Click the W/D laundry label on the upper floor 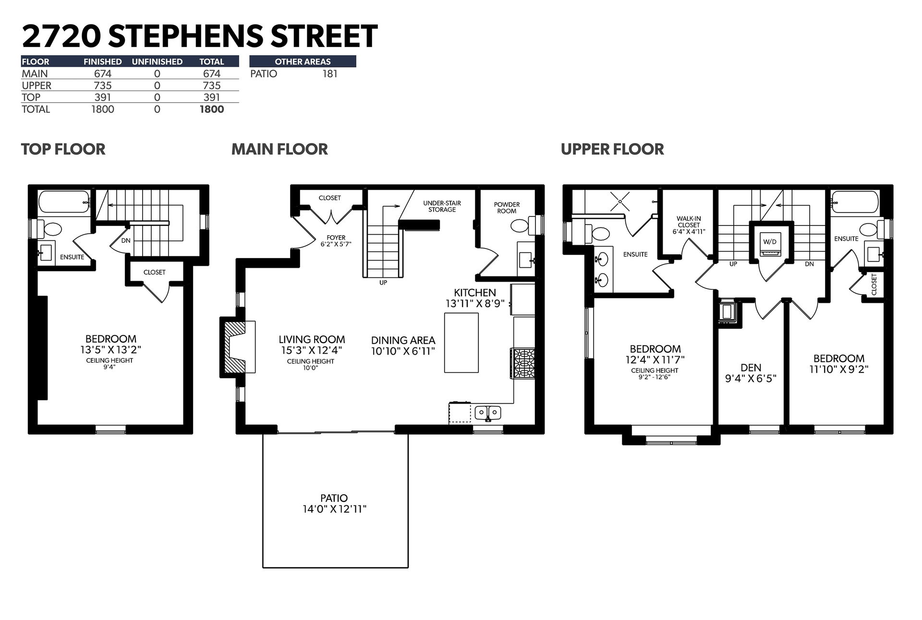(x=770, y=241)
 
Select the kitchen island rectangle (x=461, y=343)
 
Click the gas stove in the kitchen (x=524, y=363)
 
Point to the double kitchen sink (x=488, y=413)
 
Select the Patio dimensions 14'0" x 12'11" (x=334, y=509)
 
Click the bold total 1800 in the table (x=212, y=109)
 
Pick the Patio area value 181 (x=330, y=73)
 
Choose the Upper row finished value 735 (x=103, y=85)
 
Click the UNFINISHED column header (x=157, y=61)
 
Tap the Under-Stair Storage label (x=442, y=206)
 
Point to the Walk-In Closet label (x=689, y=225)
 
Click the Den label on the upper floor (x=751, y=368)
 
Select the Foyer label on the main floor (x=336, y=238)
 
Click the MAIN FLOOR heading (x=279, y=149)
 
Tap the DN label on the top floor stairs (x=126, y=240)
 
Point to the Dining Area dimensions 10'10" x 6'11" (x=403, y=351)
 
